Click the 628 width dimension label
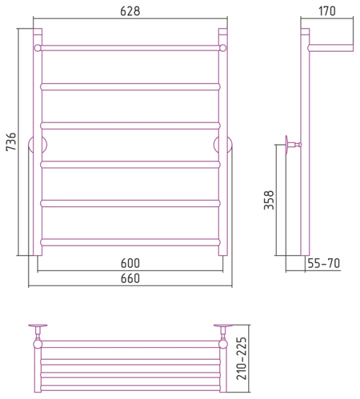(x=130, y=11)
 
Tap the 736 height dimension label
(x=11, y=142)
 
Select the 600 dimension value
(x=130, y=263)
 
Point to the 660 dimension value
(x=130, y=279)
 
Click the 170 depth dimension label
(x=327, y=11)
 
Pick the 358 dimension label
(x=269, y=200)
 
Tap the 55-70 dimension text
(x=324, y=263)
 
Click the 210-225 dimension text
(x=242, y=358)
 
